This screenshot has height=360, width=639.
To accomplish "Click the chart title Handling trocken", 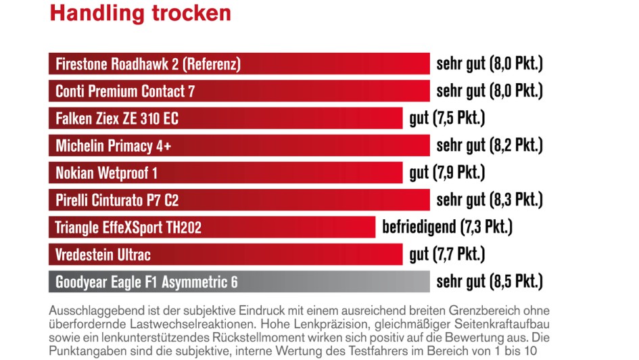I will coord(140,13).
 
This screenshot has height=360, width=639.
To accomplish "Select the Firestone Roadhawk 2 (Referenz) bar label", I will coord(148,64).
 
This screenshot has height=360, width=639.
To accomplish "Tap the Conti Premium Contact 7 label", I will coord(125,91).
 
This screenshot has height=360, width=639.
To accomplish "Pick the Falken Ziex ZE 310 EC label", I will coord(117,118).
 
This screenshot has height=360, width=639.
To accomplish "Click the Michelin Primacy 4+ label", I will coord(113,145).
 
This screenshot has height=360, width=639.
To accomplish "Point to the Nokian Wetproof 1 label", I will coord(106,173).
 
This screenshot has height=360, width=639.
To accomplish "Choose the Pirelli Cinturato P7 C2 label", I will coord(117,200).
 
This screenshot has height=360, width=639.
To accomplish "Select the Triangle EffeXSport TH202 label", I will coord(128,227).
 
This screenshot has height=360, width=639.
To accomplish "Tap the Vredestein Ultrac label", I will coord(103,255).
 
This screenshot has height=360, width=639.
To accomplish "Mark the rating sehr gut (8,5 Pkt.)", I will coord(490,282).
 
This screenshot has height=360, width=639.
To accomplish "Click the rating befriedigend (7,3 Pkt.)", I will coord(447,227).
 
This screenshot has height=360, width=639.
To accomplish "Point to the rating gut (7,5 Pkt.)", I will coord(448,118).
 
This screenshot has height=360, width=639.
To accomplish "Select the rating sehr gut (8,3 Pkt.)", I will coord(490,200).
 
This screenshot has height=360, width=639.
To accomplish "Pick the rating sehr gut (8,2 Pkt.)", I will coord(490,145).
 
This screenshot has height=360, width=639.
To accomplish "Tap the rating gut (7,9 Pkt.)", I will coord(448,173).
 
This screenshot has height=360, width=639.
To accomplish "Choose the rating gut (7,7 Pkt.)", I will coord(448,255).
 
